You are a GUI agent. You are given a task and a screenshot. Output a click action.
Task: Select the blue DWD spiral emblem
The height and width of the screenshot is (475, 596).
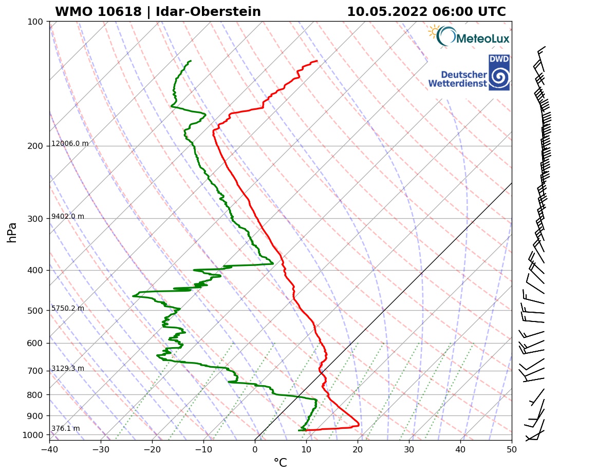(x=499, y=77)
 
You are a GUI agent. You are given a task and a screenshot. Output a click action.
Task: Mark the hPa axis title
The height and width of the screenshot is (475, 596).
(x=12, y=232)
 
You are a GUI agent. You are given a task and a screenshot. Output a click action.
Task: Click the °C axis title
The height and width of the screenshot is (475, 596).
(x=280, y=463)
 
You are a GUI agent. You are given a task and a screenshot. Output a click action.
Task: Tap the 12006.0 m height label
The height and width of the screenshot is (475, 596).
(x=70, y=144)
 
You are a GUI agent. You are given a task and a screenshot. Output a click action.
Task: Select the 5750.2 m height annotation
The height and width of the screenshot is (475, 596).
(x=68, y=309)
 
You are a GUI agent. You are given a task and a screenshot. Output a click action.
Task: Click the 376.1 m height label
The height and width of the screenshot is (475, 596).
(x=65, y=429)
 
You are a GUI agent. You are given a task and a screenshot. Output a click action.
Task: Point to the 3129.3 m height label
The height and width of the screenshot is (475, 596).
(x=68, y=369)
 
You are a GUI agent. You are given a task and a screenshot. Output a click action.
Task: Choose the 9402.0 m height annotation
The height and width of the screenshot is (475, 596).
(x=68, y=217)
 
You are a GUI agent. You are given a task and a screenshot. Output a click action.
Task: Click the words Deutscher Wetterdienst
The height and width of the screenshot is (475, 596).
(x=457, y=79)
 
